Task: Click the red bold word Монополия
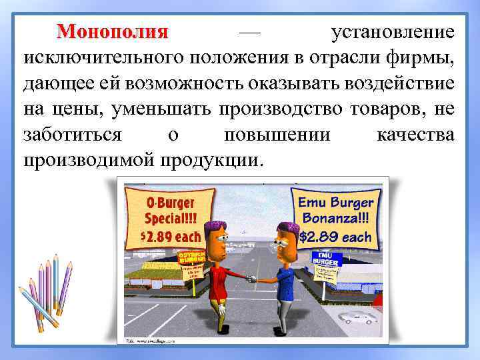(113, 31)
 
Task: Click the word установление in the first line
(393, 31)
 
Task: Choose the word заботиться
(72, 135)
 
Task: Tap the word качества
(415, 135)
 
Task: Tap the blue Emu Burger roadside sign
(326, 259)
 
